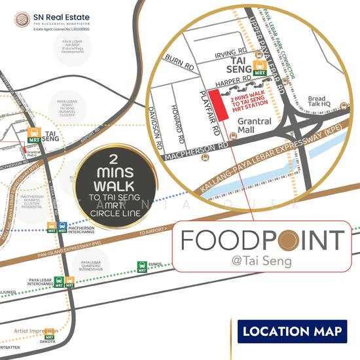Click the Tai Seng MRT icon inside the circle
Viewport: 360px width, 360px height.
coord(260,67)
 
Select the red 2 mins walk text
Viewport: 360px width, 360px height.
coord(248,104)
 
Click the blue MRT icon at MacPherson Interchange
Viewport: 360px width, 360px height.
coord(62,227)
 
